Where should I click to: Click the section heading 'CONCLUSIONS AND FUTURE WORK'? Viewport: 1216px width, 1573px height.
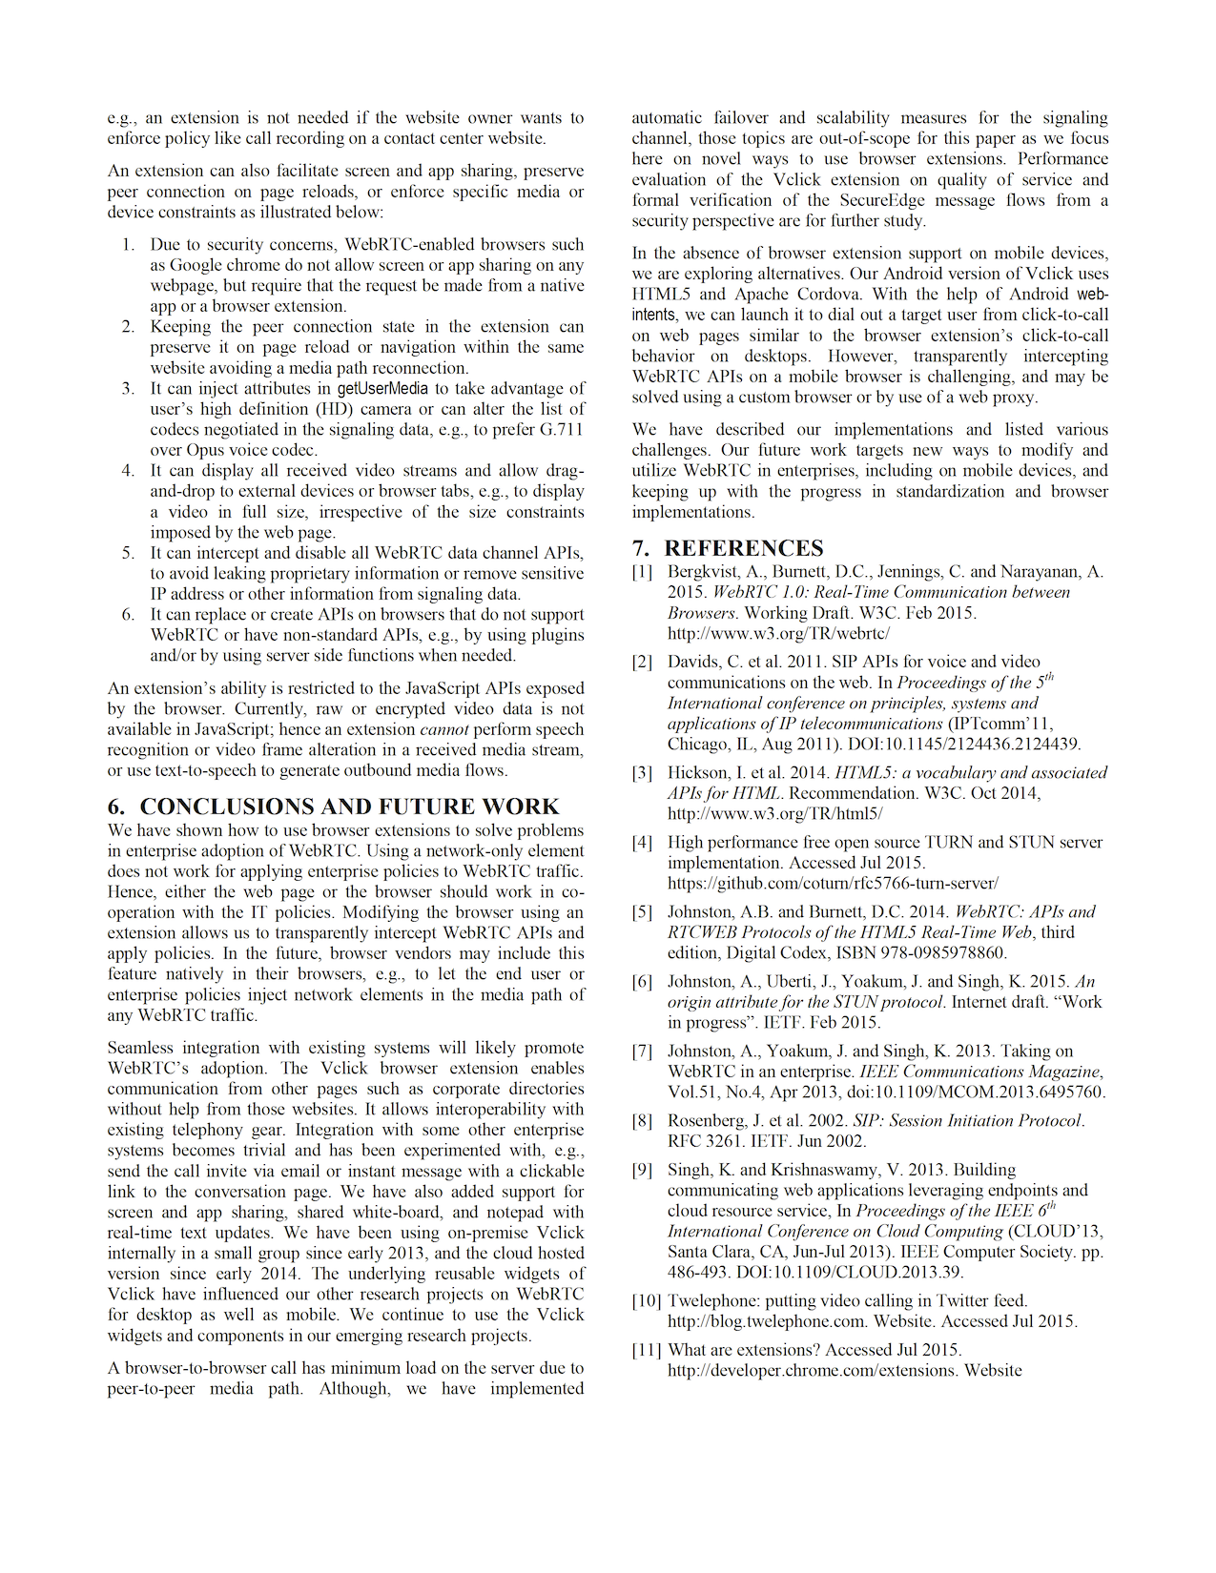[x=349, y=807]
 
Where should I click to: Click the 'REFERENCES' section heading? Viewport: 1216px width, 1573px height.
[x=743, y=548]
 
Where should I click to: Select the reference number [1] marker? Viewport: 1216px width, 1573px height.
[x=642, y=572]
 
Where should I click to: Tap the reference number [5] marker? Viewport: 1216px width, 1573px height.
[x=642, y=912]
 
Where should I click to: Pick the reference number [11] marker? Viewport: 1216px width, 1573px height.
[x=646, y=1350]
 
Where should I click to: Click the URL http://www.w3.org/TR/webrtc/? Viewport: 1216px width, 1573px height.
[x=778, y=633]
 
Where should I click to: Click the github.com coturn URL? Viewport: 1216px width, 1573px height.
[x=833, y=884]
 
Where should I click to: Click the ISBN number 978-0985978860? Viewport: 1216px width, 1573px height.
[x=949, y=952]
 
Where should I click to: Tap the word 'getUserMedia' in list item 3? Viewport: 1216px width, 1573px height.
[x=382, y=389]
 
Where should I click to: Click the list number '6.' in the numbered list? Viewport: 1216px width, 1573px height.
[x=128, y=615]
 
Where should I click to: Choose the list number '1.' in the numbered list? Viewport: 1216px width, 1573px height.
[x=128, y=245]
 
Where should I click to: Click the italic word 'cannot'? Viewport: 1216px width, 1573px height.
[x=444, y=730]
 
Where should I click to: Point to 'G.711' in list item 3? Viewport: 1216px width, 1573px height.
[x=558, y=430]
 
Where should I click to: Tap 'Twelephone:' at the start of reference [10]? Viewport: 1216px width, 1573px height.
[x=712, y=1301]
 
